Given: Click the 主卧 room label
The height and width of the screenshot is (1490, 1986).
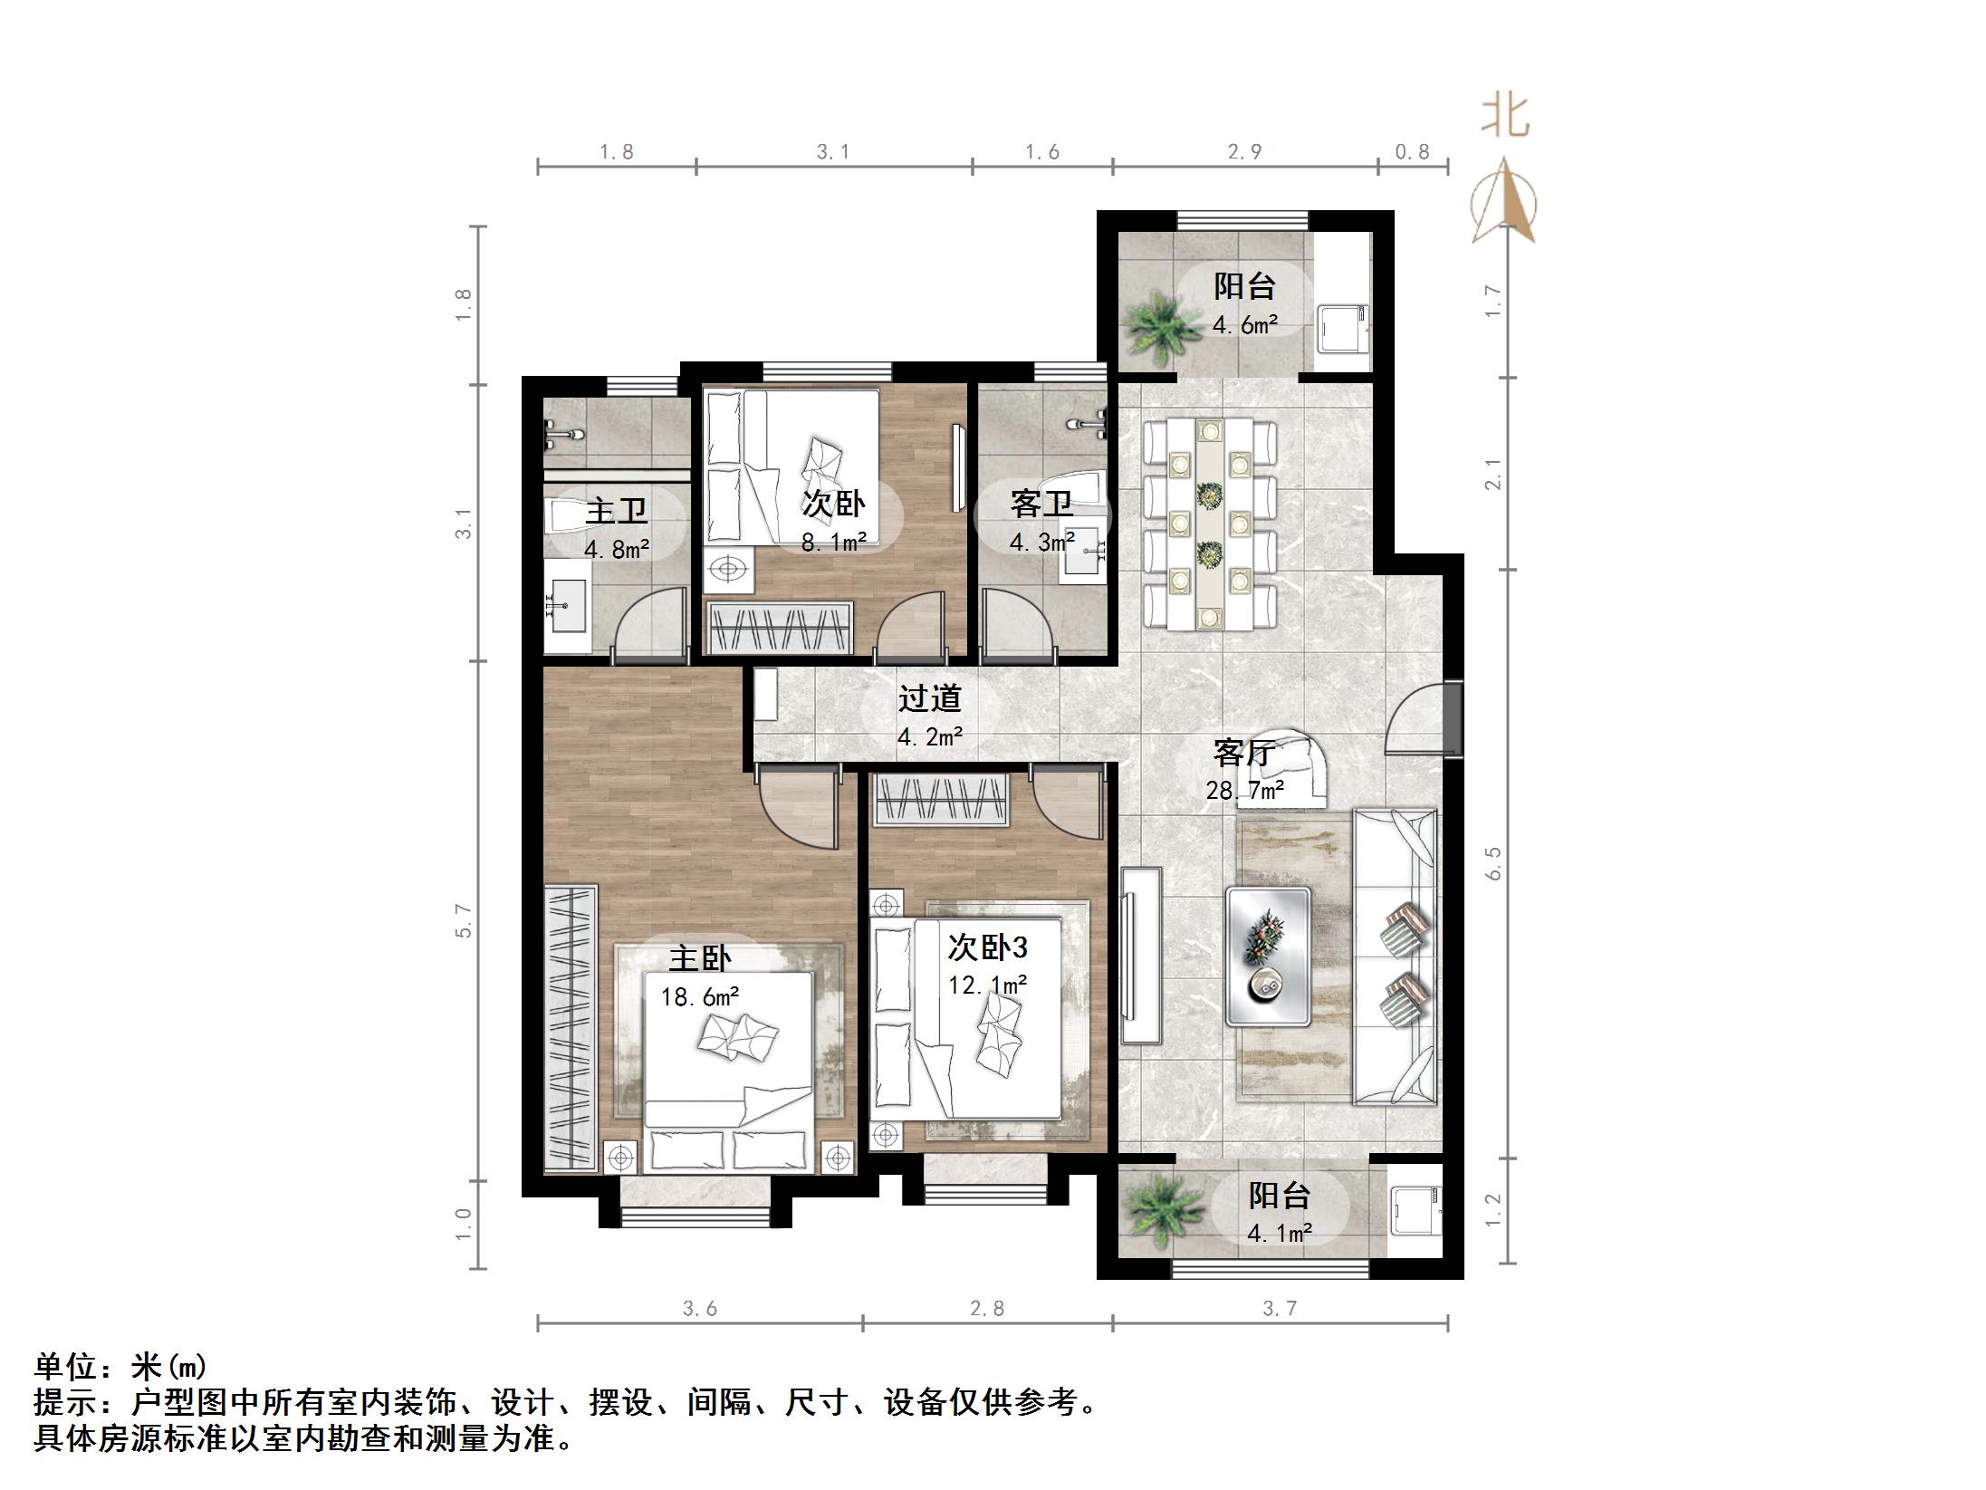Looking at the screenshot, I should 699,958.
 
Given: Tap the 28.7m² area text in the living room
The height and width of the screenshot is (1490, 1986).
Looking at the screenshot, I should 1244,791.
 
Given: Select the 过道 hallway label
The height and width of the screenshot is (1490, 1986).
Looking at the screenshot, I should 929,698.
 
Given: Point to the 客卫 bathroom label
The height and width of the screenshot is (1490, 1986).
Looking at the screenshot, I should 1041,505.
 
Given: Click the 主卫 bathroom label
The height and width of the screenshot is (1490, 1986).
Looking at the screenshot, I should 616,511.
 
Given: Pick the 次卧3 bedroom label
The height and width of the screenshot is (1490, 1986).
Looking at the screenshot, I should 987,947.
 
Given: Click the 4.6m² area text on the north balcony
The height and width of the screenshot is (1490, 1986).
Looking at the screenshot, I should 1244,324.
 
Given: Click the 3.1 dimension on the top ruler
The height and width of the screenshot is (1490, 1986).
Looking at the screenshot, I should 833,152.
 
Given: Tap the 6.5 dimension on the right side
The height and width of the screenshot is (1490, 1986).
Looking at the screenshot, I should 1493,863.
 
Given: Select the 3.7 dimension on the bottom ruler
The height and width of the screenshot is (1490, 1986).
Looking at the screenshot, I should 1280,1308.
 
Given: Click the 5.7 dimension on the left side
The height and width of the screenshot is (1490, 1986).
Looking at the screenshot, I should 464,920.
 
